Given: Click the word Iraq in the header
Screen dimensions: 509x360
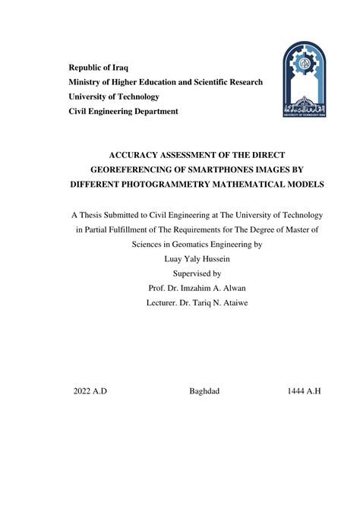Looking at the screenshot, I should [118, 68].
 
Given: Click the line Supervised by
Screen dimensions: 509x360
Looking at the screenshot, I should [196, 273].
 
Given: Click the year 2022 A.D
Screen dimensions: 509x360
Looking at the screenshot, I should [90, 390].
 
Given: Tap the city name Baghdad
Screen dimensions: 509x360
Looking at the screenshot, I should [204, 390].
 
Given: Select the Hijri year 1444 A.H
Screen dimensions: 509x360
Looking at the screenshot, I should [304, 390].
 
